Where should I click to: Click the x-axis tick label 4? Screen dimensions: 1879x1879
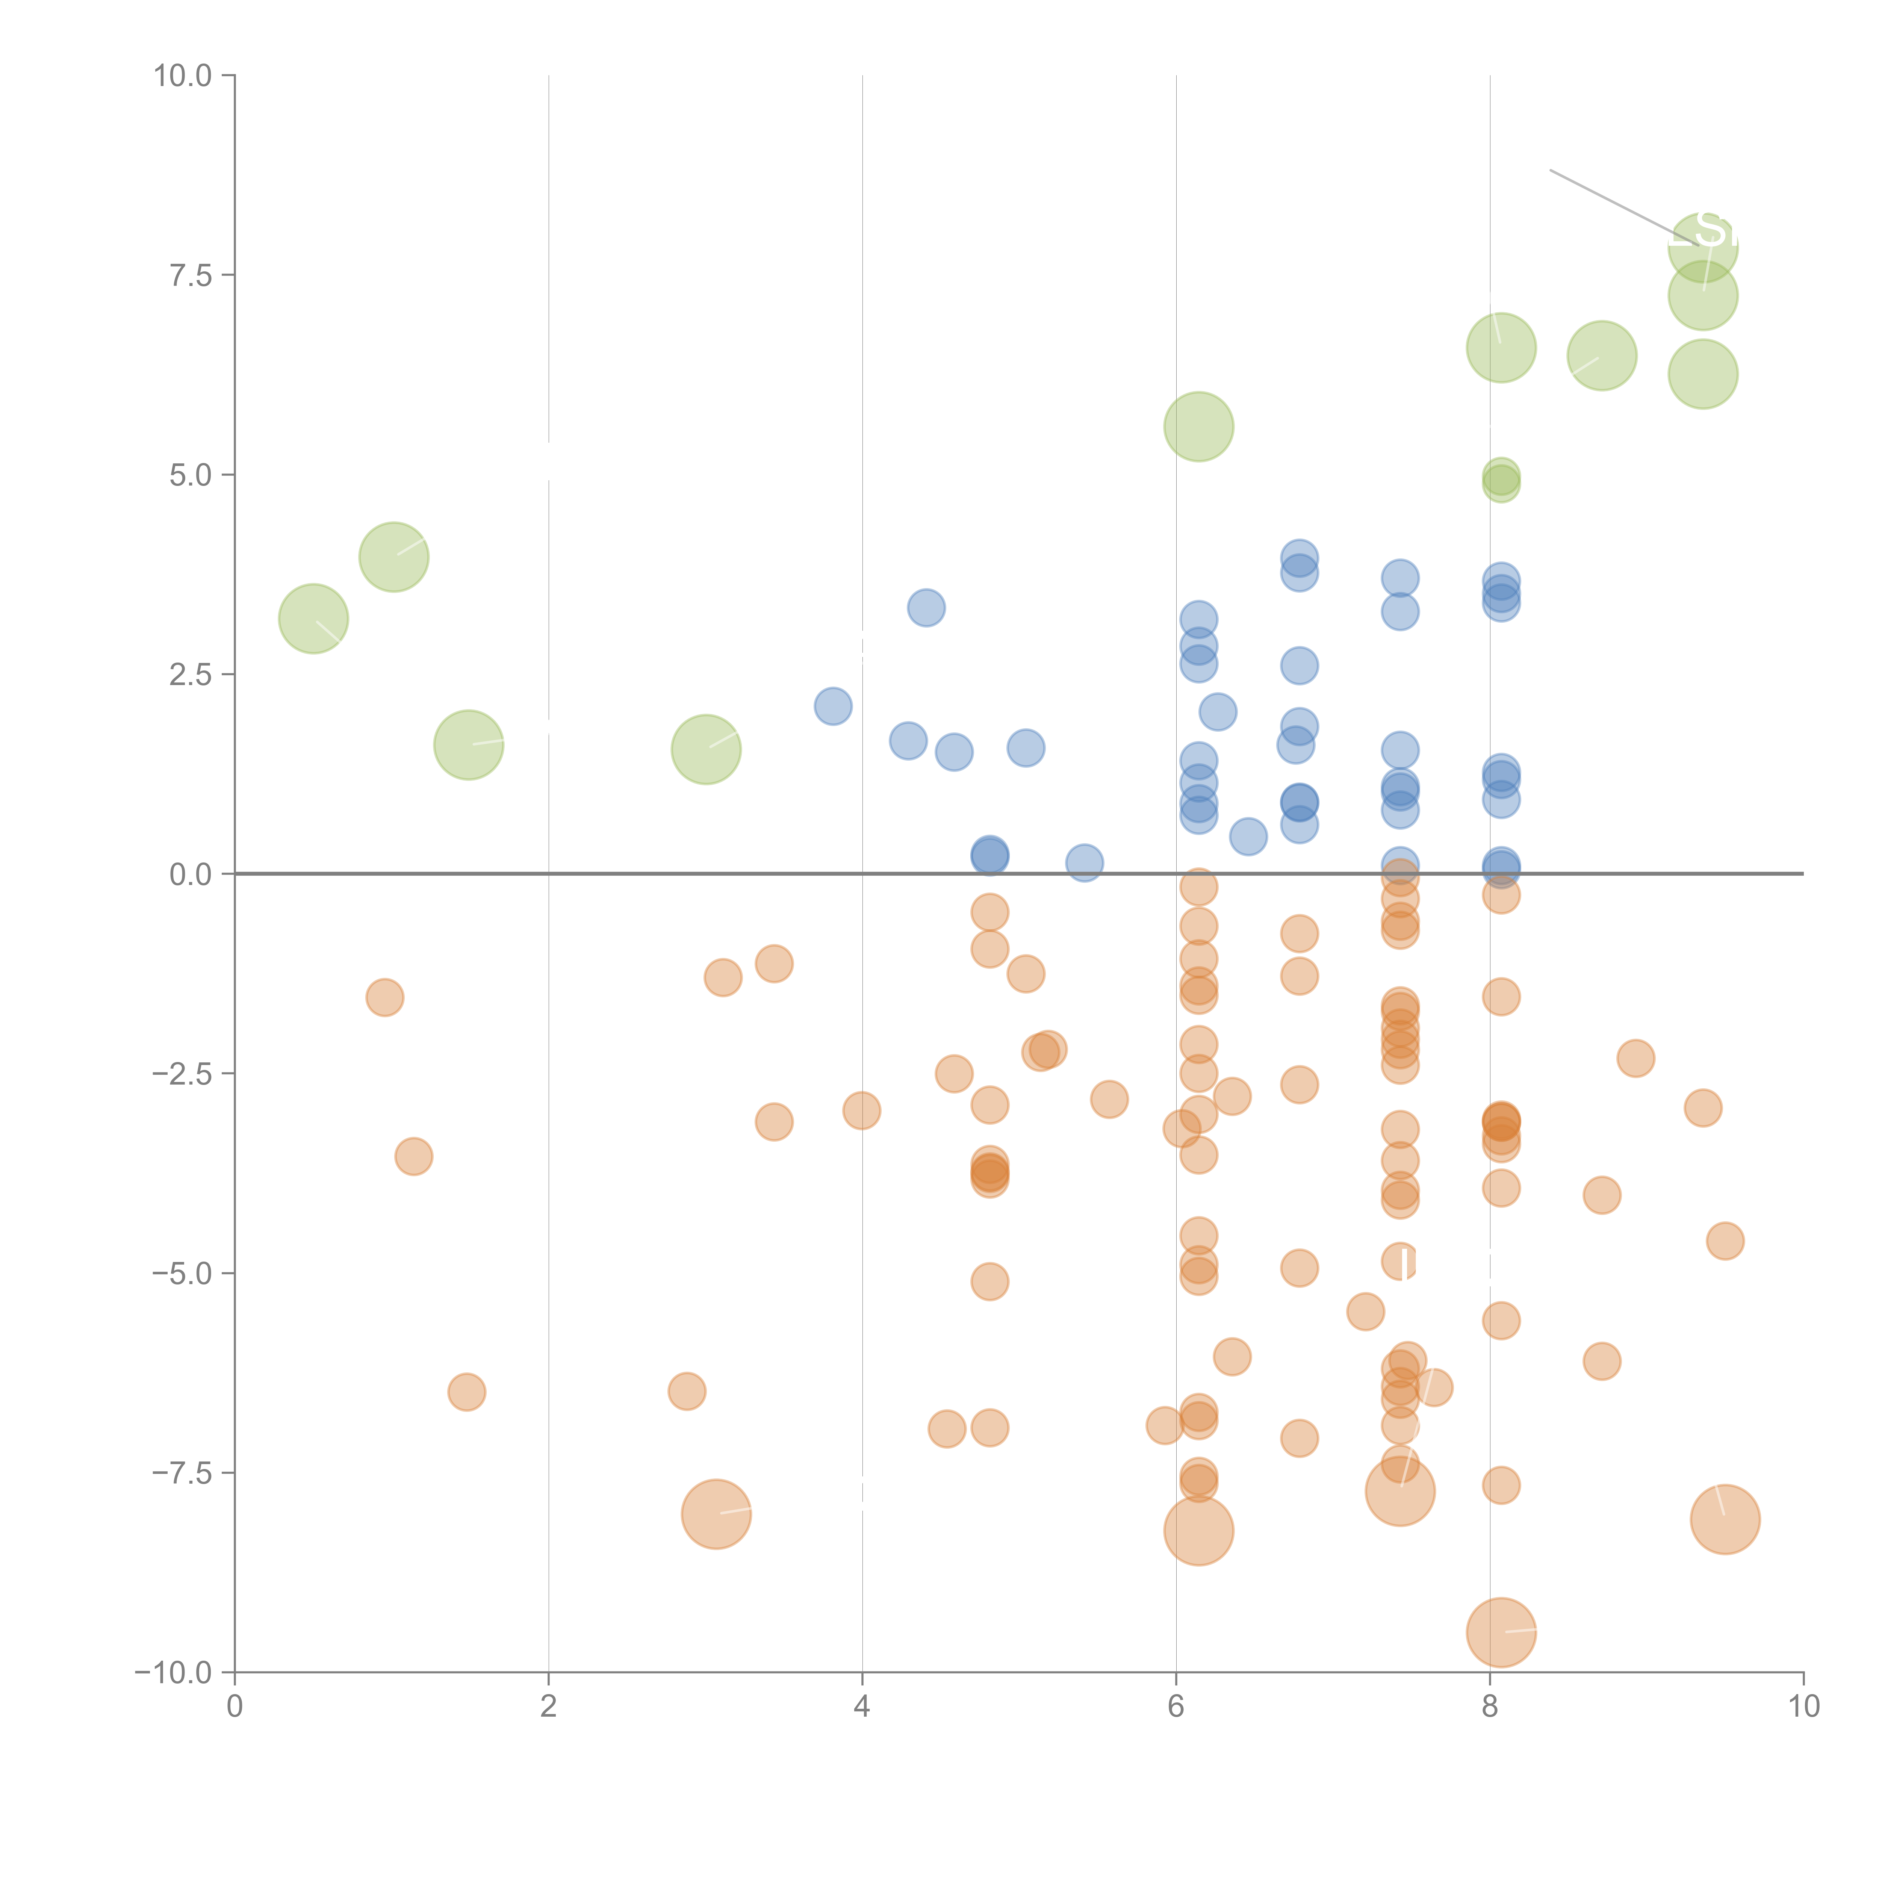[x=862, y=1706]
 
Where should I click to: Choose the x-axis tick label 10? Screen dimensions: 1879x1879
[x=1803, y=1706]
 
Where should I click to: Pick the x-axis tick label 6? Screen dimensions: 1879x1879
[x=1176, y=1706]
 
